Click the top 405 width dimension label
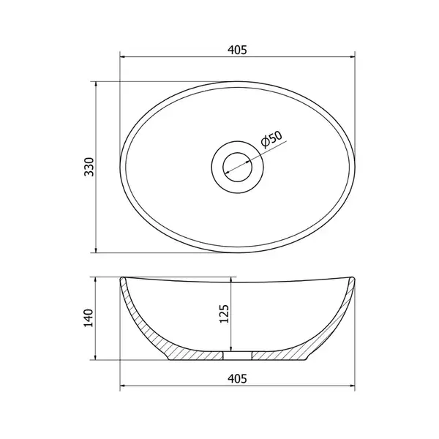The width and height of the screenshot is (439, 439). pos(237,50)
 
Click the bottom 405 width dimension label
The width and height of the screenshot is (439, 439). pos(237,378)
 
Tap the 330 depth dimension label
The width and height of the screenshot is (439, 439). pos(89,167)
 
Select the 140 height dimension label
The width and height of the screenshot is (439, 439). pos(89,318)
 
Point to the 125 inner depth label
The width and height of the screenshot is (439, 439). pos(224,314)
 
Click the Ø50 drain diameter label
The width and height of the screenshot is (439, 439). pos(271,139)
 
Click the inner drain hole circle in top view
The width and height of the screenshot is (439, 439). pos(237,153)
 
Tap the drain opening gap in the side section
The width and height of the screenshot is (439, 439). pos(237,356)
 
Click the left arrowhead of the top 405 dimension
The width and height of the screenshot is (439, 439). pos(122,57)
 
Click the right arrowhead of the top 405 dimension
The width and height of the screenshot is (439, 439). pos(352,57)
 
